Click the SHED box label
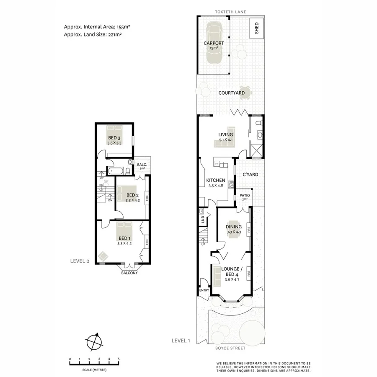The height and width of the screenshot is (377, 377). click(x=256, y=28)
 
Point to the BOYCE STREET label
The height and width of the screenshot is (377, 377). click(x=231, y=348)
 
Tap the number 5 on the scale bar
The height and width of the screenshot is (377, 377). click(x=119, y=359)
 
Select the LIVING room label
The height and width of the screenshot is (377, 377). click(x=225, y=134)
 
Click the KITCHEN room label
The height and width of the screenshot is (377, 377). click(x=216, y=181)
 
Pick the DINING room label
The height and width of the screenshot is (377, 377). click(x=234, y=227)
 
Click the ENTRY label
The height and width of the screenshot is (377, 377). click(x=204, y=290)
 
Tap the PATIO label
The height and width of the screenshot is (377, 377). click(x=245, y=196)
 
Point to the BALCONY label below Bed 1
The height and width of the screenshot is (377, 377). click(x=129, y=273)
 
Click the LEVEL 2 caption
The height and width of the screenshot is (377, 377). click(x=80, y=261)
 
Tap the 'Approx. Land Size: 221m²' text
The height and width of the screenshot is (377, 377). click(x=93, y=35)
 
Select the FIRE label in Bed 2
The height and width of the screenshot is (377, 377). click(x=146, y=197)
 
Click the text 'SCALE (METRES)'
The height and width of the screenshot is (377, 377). click(x=94, y=370)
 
